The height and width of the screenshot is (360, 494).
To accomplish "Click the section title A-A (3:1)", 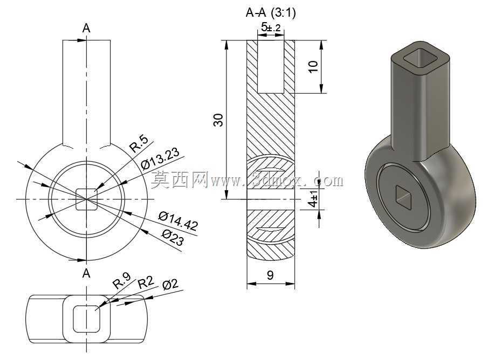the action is (x=270, y=12).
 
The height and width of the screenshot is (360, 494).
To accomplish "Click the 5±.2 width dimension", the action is (x=271, y=27).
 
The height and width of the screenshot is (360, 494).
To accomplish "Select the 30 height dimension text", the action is (x=218, y=120).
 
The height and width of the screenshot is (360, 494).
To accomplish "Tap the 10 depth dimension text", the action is (x=313, y=67).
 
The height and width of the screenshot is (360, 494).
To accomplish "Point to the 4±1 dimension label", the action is (x=313, y=199).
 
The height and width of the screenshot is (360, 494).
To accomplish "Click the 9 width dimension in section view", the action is (x=270, y=275).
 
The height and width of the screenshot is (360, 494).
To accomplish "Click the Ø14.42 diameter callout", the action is (x=179, y=221).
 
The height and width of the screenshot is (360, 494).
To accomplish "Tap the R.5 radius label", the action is (x=139, y=145).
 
